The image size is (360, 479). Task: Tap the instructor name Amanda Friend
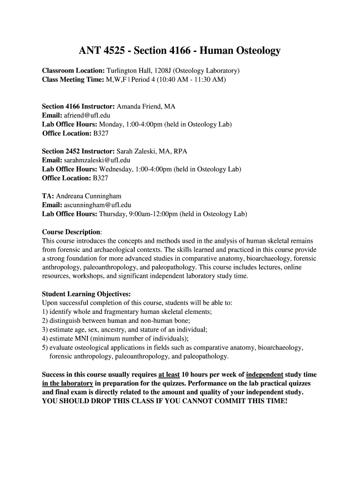pos(140,107)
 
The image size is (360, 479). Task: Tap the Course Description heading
pos(71,232)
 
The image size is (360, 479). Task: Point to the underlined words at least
pos(169,375)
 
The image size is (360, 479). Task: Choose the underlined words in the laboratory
pos(67,384)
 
